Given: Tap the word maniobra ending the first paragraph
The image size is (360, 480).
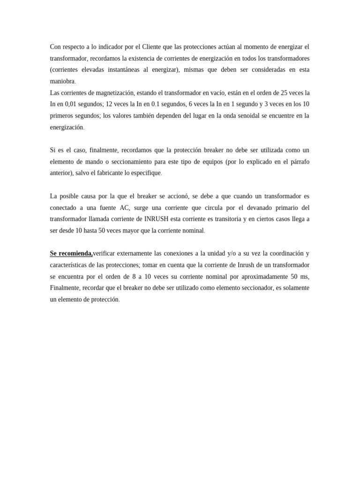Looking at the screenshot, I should click(62, 81).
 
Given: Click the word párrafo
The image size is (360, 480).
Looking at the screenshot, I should click(299, 162).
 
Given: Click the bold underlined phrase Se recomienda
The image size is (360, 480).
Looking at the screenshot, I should click(71, 254).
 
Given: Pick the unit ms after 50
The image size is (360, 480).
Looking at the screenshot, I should click(305, 277).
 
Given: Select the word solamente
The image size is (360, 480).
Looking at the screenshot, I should click(295, 288).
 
